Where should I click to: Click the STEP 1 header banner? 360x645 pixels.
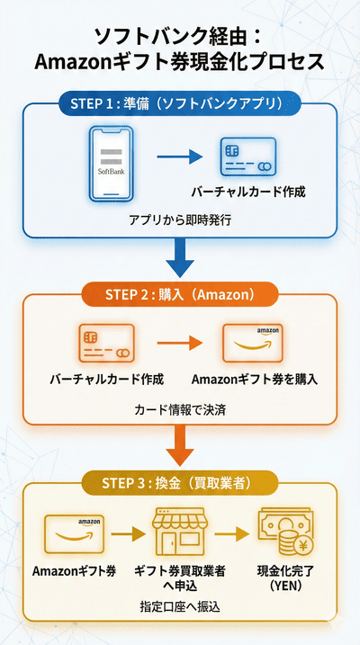point(180,102)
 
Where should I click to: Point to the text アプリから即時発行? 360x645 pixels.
point(179,219)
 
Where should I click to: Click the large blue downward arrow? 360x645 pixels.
point(180,261)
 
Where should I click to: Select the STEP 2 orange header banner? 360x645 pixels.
point(180,294)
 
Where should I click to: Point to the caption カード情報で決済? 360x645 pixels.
point(179,409)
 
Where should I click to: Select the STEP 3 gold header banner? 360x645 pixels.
point(180,484)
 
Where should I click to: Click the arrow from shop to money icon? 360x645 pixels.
point(232,535)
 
